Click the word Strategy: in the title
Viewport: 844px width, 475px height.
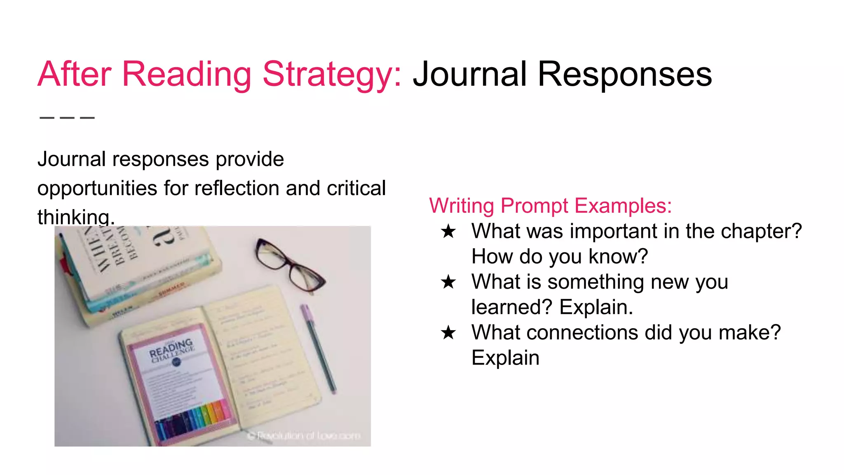click(x=332, y=75)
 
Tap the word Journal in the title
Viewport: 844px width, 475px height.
click(x=470, y=75)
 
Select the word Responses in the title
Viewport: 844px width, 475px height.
click(x=625, y=75)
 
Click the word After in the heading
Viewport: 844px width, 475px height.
click(x=74, y=75)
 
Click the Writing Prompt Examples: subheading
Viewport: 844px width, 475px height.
click(x=550, y=205)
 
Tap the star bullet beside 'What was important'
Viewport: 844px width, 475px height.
click(x=448, y=231)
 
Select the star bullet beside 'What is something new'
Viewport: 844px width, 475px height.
click(x=448, y=282)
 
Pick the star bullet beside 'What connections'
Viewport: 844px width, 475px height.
click(x=448, y=333)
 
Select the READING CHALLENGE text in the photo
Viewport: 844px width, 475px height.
click(x=171, y=350)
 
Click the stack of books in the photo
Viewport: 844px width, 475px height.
click(x=132, y=268)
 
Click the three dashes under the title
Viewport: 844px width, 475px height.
click(x=67, y=118)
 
